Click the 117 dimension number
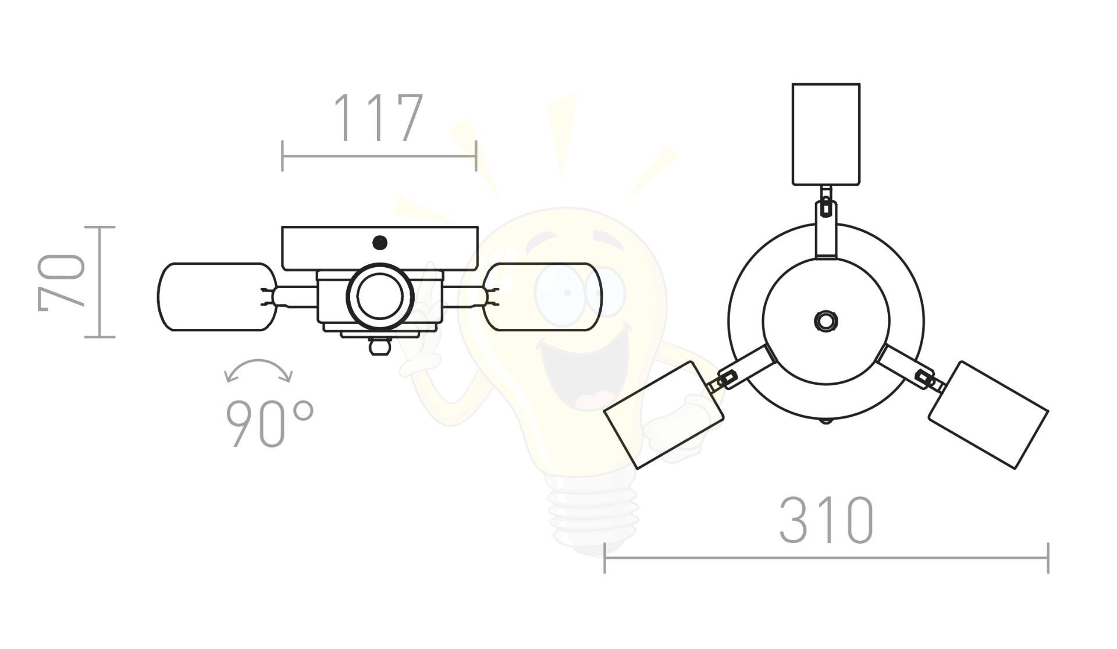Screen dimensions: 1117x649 (378, 118)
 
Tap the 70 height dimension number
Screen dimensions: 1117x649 (62, 282)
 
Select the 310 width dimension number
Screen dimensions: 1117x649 (826, 520)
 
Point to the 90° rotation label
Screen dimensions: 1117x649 (269, 424)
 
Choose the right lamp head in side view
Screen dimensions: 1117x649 (543, 297)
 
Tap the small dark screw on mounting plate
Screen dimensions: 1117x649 (380, 243)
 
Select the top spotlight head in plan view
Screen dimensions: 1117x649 (826, 134)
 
